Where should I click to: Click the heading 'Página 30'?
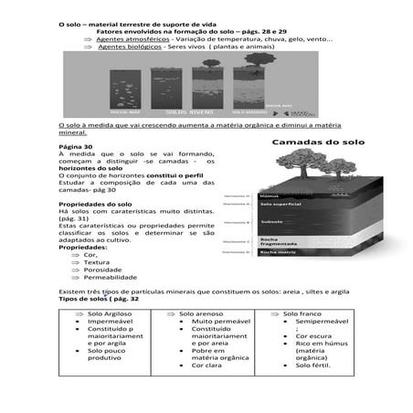click(75, 147)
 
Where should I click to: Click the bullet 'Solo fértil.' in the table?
click(314, 366)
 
